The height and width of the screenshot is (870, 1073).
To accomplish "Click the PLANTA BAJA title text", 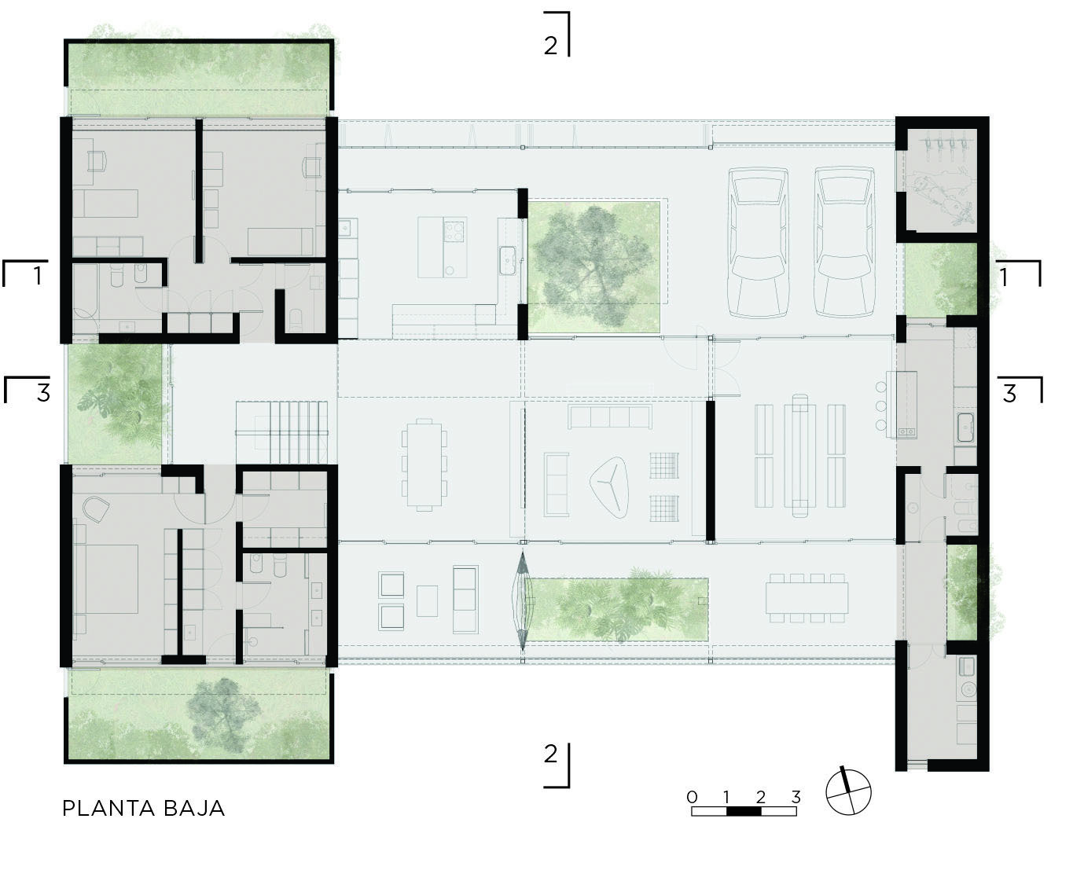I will [144, 808].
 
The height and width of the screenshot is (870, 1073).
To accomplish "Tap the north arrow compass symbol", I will [849, 791].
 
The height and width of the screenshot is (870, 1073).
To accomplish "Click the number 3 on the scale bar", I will [796, 797].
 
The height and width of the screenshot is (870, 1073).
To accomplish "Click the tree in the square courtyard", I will [593, 265].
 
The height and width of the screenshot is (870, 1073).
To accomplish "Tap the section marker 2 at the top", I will [551, 45].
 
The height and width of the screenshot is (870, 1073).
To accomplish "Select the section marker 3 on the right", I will [1010, 392].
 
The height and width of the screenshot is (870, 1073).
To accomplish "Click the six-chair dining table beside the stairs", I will [424, 464].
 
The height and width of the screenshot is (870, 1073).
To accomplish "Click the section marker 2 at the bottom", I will [551, 754].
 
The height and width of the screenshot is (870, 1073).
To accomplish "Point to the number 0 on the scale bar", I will [692, 797].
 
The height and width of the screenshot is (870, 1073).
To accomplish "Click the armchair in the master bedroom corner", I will [95, 509].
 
